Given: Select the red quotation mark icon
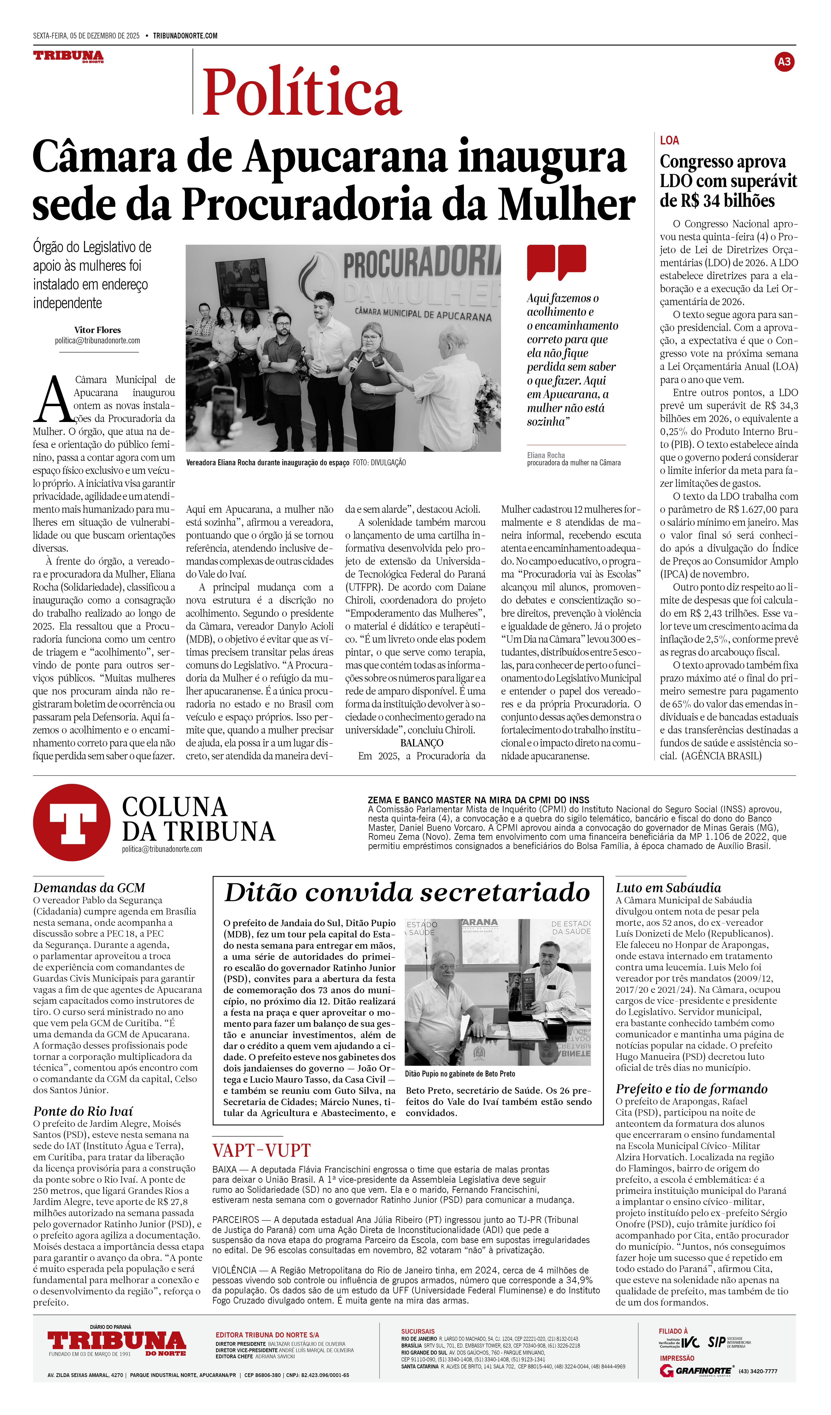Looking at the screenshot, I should [556, 262].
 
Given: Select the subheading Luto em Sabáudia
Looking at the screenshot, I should [668, 888].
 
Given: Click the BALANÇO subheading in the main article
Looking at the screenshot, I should [422, 743].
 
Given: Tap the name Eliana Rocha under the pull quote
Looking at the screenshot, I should [546, 455].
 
